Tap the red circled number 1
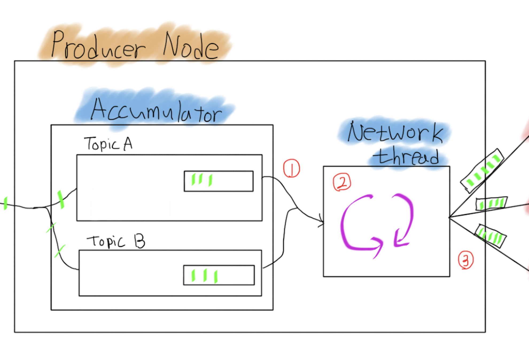tap(291, 169)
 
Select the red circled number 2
tap(342, 182)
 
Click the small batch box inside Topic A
tap(219, 181)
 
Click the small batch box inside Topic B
tap(219, 275)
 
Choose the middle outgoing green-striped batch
tap(491, 204)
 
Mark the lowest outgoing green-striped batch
tap(491, 236)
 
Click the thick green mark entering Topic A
tap(61, 199)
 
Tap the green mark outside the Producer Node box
tap(5, 204)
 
